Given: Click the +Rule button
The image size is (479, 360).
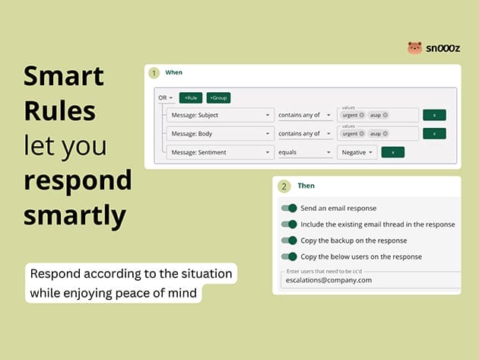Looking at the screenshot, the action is (191, 98).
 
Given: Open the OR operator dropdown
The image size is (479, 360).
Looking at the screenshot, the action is (165, 98).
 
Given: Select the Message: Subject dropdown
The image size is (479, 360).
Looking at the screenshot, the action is (220, 115).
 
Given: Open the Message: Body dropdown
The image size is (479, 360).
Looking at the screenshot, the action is (220, 134).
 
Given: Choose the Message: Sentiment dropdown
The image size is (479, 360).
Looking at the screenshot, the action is (220, 152).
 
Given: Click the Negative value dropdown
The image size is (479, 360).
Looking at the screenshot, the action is (357, 152).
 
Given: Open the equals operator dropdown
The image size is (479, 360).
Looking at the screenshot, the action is (305, 152).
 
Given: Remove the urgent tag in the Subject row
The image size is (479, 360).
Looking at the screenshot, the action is (362, 115).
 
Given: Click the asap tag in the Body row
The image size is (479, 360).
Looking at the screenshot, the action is (379, 134).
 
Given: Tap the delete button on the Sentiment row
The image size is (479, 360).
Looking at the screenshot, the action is (393, 152).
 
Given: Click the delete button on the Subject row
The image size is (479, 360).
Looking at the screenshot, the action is (434, 115).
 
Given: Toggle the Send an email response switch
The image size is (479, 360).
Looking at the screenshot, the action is (289, 209).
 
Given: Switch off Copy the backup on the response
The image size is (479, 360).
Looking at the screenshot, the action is (289, 241).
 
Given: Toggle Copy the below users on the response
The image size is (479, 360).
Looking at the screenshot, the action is (289, 256).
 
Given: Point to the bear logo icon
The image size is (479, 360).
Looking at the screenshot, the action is (415, 48).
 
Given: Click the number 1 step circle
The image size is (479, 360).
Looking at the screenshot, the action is (154, 73).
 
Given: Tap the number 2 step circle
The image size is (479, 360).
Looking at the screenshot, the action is (284, 186).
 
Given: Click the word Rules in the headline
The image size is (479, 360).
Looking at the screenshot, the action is (60, 110).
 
